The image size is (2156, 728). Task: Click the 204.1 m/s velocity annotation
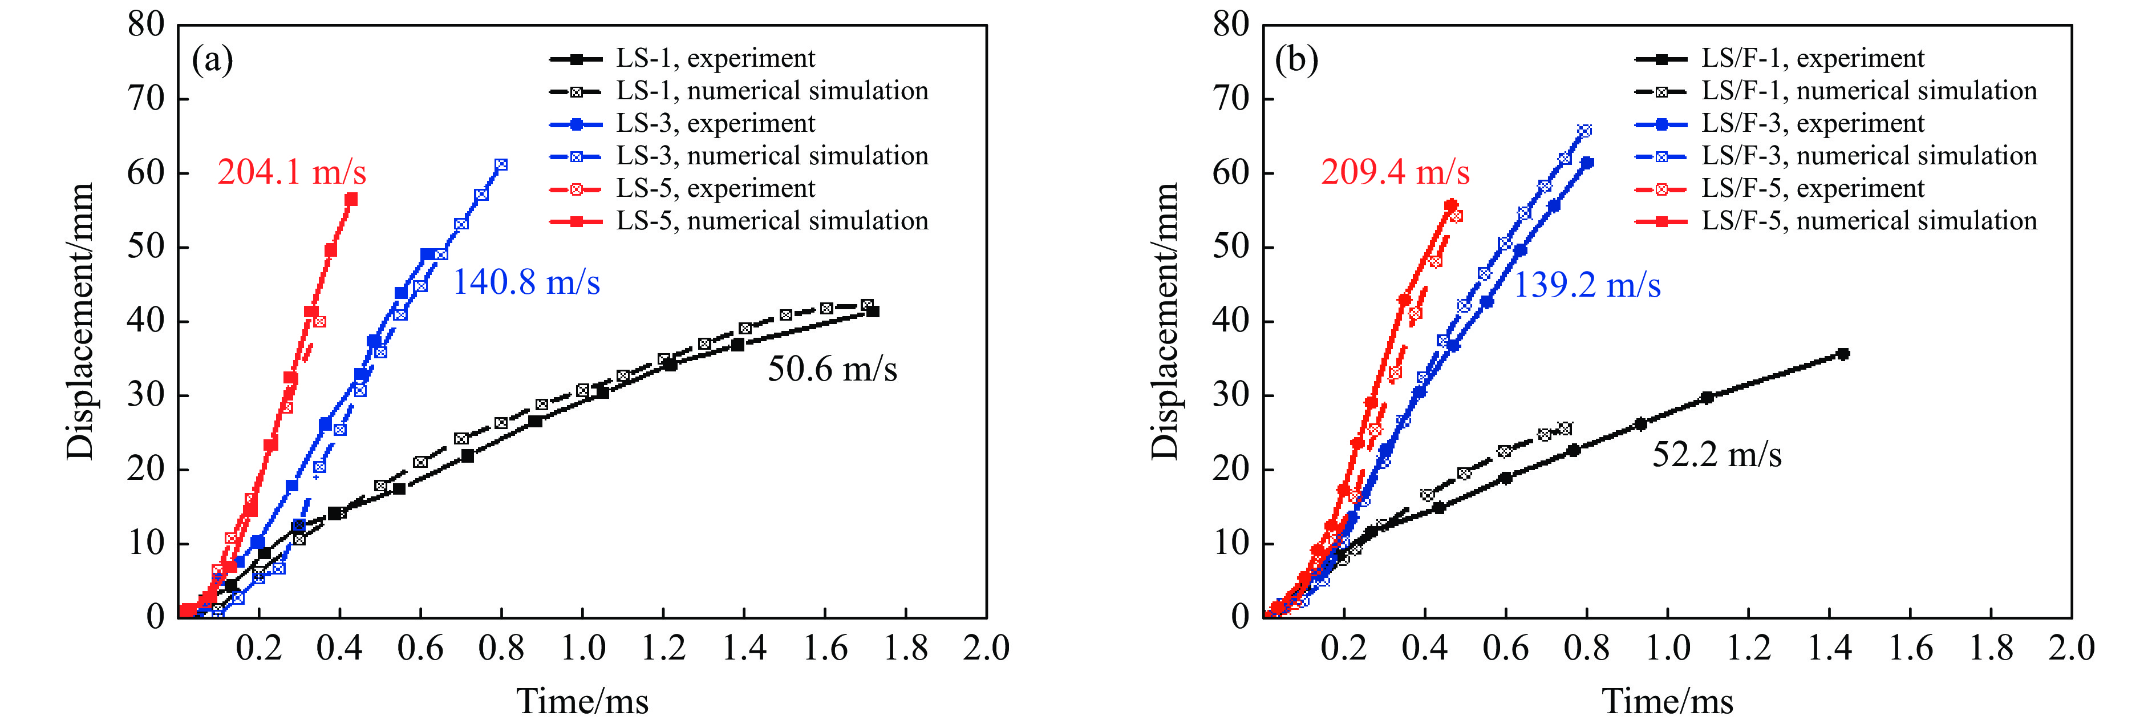291,172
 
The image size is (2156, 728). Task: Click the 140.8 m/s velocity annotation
526,283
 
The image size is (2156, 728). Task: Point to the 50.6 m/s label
832,369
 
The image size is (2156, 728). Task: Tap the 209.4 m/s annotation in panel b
1395,172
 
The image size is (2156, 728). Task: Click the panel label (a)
213,60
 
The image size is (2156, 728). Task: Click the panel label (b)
1296,60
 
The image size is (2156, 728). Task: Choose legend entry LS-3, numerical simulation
772,156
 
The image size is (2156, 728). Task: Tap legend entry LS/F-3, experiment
1812,124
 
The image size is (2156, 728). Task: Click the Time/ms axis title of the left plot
582,701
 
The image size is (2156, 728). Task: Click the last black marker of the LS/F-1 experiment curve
1842,354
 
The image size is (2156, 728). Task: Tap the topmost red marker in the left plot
351,199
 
